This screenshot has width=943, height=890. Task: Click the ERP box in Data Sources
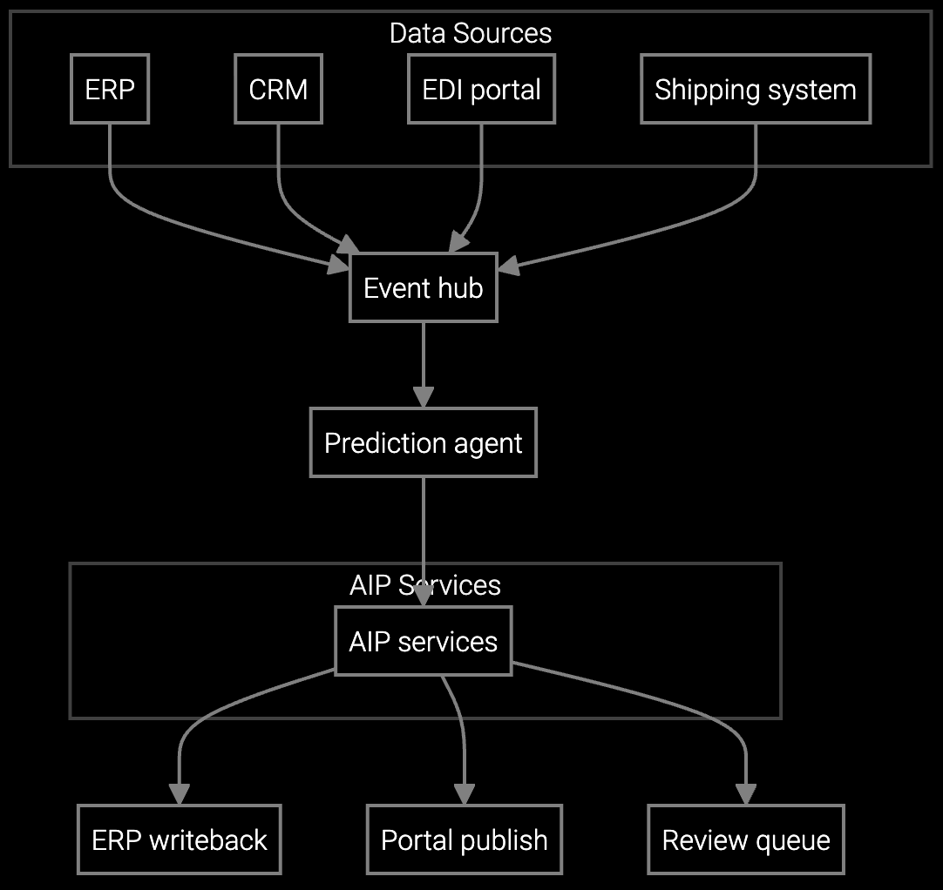click(110, 89)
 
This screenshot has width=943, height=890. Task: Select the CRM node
click(278, 89)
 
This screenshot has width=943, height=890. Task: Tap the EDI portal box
click(481, 89)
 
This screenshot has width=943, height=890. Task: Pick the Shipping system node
click(755, 89)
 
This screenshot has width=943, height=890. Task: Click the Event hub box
click(423, 287)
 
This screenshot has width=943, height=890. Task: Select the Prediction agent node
click(423, 442)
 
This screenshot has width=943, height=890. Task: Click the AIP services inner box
click(423, 641)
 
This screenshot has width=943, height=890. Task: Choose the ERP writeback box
click(180, 839)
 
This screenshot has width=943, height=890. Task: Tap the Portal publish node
click(464, 839)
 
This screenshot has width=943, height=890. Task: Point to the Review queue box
click(746, 839)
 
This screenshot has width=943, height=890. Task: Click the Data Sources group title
click(470, 33)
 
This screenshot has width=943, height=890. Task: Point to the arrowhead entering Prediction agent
click(423, 397)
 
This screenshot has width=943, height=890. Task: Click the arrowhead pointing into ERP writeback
click(180, 793)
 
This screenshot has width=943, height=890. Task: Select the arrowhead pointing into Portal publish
click(464, 793)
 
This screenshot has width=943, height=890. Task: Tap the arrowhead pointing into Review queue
click(746, 793)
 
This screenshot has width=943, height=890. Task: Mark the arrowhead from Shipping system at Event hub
click(509, 266)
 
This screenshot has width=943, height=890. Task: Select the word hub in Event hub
click(461, 287)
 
